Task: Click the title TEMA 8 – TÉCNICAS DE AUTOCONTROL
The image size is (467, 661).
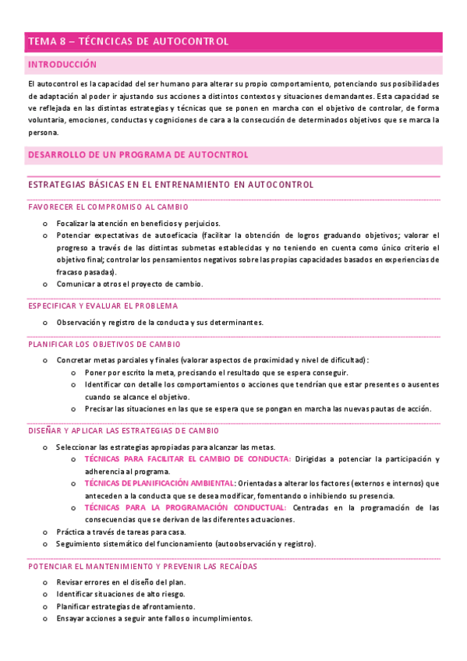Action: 129,41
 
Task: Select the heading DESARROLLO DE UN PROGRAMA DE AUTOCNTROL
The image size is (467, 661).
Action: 138,155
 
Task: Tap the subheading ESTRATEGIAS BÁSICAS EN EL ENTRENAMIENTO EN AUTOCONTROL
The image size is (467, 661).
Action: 171,185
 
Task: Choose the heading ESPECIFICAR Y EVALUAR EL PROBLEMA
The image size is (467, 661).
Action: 103,306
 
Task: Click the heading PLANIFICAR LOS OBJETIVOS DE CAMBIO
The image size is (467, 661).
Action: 104,344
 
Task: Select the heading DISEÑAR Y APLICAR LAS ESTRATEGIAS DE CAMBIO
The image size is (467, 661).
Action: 123,430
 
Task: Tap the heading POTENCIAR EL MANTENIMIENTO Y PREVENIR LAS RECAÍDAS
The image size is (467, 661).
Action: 143,567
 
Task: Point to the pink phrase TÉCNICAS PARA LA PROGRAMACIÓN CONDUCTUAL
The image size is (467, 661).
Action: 186,507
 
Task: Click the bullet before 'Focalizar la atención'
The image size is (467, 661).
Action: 45,224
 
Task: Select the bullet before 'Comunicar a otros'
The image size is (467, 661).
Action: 45,285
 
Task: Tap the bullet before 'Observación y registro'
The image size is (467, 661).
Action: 45,323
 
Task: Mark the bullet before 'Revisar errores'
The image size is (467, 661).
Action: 45,582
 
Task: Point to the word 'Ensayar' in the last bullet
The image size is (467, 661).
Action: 70,618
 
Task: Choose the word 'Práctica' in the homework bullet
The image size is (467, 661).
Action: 71,532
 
